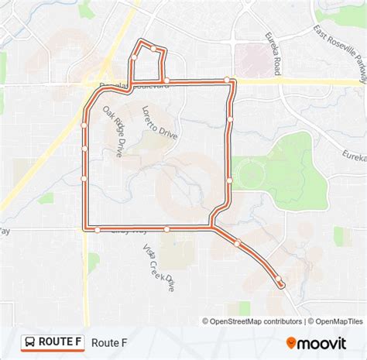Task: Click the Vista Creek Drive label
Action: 158,268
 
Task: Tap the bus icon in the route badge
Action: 29,341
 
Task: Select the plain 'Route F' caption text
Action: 109,341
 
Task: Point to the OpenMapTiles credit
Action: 334,321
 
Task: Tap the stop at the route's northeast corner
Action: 227,80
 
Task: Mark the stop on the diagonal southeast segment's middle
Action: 237,244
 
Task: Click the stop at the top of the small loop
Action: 153,49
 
